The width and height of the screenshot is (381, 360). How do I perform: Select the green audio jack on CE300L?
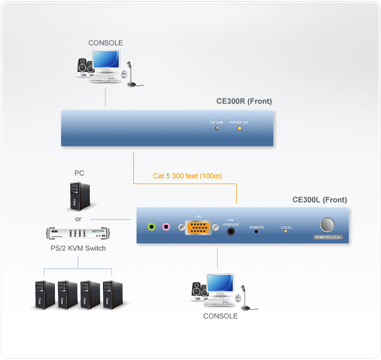(x=152, y=227)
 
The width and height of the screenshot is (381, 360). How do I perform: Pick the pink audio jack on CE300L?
(x=166, y=227)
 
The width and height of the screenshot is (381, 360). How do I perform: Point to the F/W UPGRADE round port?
(x=231, y=231)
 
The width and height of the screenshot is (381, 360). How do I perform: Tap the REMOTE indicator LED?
(x=256, y=231)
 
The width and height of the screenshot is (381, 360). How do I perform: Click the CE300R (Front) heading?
(x=244, y=101)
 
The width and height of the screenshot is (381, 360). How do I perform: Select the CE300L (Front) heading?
(x=319, y=200)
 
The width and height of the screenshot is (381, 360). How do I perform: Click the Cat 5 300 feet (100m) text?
(x=187, y=176)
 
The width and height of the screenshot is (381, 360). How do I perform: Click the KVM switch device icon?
(x=78, y=234)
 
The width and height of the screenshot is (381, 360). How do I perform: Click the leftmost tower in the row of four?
(x=44, y=294)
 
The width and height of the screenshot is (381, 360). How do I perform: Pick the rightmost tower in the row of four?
(x=112, y=294)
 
